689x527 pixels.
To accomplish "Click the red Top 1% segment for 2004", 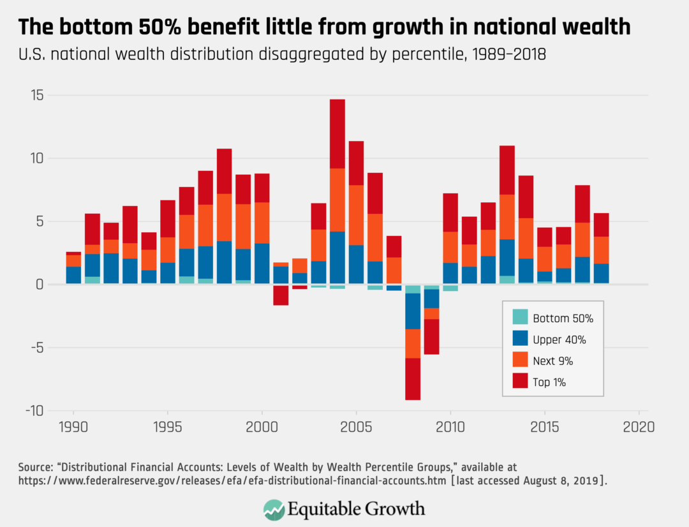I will click(x=337, y=133).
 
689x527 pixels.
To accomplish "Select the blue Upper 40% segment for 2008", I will click(x=413, y=311).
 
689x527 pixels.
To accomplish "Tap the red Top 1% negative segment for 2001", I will click(x=281, y=295).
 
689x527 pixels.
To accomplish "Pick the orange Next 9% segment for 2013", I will click(x=507, y=217).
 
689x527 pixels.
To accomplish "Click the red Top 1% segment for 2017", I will click(x=582, y=204).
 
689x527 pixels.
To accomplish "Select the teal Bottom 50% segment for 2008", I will click(x=413, y=289).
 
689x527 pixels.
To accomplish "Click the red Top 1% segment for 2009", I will click(x=432, y=336).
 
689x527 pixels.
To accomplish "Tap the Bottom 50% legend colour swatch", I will click(x=520, y=318).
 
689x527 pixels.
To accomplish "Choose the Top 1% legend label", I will click(x=550, y=383).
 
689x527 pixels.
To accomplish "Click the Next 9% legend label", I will click(x=553, y=361).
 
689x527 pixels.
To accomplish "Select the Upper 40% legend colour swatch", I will click(x=520, y=339).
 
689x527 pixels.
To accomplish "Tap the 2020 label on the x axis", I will click(x=639, y=426).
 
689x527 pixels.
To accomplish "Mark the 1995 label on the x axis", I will click(x=167, y=426).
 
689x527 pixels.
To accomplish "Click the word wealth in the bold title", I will click(x=592, y=27).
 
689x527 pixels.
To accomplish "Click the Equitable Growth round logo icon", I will click(x=274, y=508).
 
